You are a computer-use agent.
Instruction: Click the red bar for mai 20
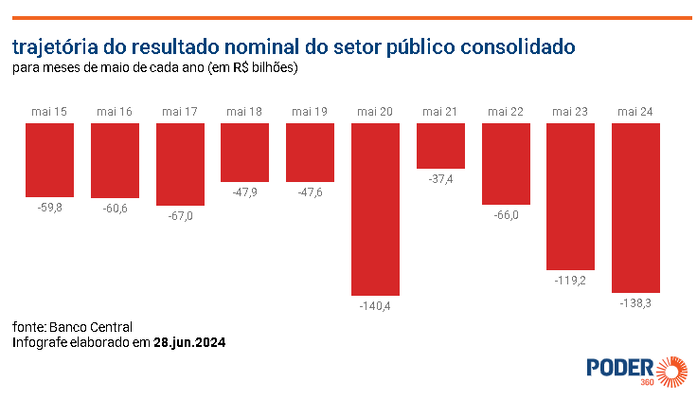coord(375,210)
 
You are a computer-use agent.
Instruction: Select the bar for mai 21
coord(440,146)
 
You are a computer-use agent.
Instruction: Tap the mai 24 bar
coord(635,208)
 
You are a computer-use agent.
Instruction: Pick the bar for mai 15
coord(49,160)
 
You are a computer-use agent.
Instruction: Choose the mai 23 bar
coord(570,197)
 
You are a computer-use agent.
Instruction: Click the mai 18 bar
coord(244,153)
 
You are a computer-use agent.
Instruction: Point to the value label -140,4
coord(375,306)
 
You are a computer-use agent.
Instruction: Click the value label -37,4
coord(440,179)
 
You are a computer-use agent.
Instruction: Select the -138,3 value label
coord(635,303)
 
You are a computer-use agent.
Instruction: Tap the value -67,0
coord(180,216)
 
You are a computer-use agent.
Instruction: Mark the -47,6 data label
coord(310,192)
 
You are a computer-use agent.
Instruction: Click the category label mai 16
coord(115,112)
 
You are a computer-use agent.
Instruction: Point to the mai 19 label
coord(310,112)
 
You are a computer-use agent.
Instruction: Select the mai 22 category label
coord(506,112)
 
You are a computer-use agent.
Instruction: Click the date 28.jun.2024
coord(189,342)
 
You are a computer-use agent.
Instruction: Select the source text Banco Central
coord(91,328)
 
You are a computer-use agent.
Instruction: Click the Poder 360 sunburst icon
coord(671,372)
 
